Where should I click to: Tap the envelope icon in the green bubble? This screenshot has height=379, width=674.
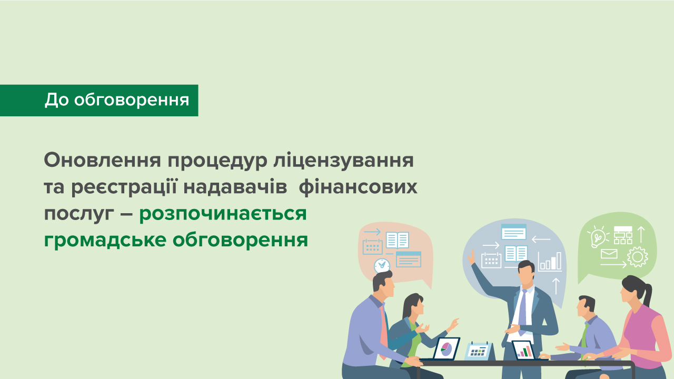click(x=609, y=254)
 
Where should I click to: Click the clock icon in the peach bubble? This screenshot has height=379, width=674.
click(x=382, y=265)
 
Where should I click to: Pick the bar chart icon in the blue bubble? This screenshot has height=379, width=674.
click(x=550, y=261)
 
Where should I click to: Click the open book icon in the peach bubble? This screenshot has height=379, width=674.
click(x=397, y=240)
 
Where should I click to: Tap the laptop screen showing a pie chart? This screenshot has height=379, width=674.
click(x=447, y=348)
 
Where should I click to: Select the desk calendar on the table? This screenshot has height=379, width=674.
click(x=479, y=350)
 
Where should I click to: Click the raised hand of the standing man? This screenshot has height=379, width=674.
click(x=472, y=257)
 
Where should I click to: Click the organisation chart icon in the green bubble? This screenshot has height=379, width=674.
click(x=623, y=235)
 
